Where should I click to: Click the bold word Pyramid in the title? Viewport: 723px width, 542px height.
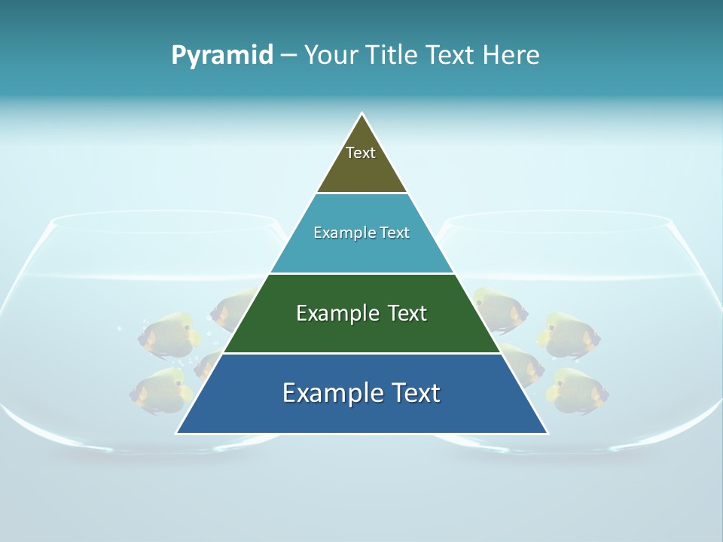pyautogui.click(x=221, y=56)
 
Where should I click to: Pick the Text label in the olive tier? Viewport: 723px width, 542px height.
pyautogui.click(x=361, y=153)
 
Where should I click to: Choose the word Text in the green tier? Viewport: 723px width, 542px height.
pyautogui.click(x=407, y=313)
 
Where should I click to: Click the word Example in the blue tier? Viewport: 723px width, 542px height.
pyautogui.click(x=330, y=393)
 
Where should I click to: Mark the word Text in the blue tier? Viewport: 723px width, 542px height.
pyautogui.click(x=415, y=393)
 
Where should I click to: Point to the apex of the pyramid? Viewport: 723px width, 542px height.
pyautogui.click(x=362, y=114)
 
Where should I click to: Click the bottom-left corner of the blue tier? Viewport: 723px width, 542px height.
pyautogui.click(x=178, y=432)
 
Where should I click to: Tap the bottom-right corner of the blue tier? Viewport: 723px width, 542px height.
pyautogui.click(x=547, y=432)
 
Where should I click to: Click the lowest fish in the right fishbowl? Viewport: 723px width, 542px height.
pyautogui.click(x=577, y=391)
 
